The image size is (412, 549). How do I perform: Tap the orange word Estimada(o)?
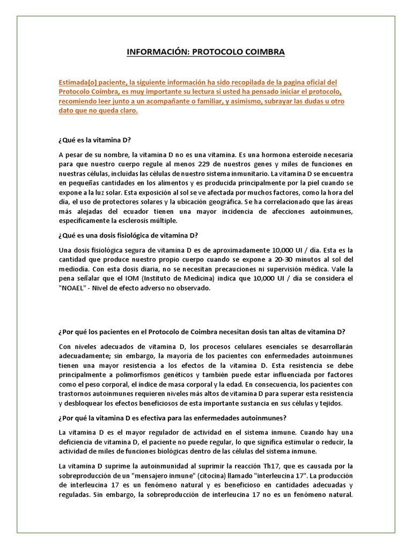coord(79,82)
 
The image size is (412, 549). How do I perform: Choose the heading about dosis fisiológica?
coord(128,235)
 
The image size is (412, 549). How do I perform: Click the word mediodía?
coord(76,269)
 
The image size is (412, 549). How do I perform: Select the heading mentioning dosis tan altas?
coord(202,330)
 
